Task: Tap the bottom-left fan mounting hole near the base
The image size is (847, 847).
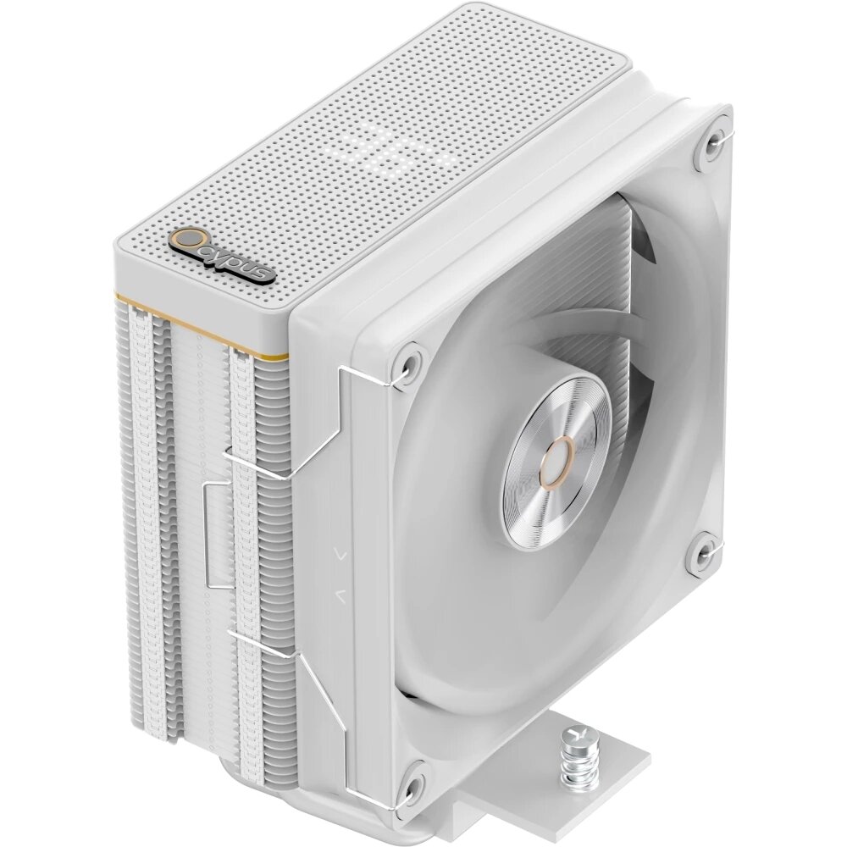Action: tap(412, 776)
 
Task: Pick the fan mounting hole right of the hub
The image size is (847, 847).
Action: tap(703, 550)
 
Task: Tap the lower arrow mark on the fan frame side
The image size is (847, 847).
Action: tap(340, 595)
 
